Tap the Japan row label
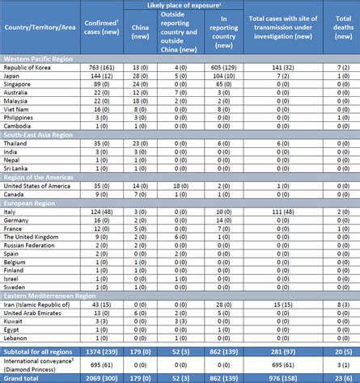point(17,79)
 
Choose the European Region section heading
point(29,202)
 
